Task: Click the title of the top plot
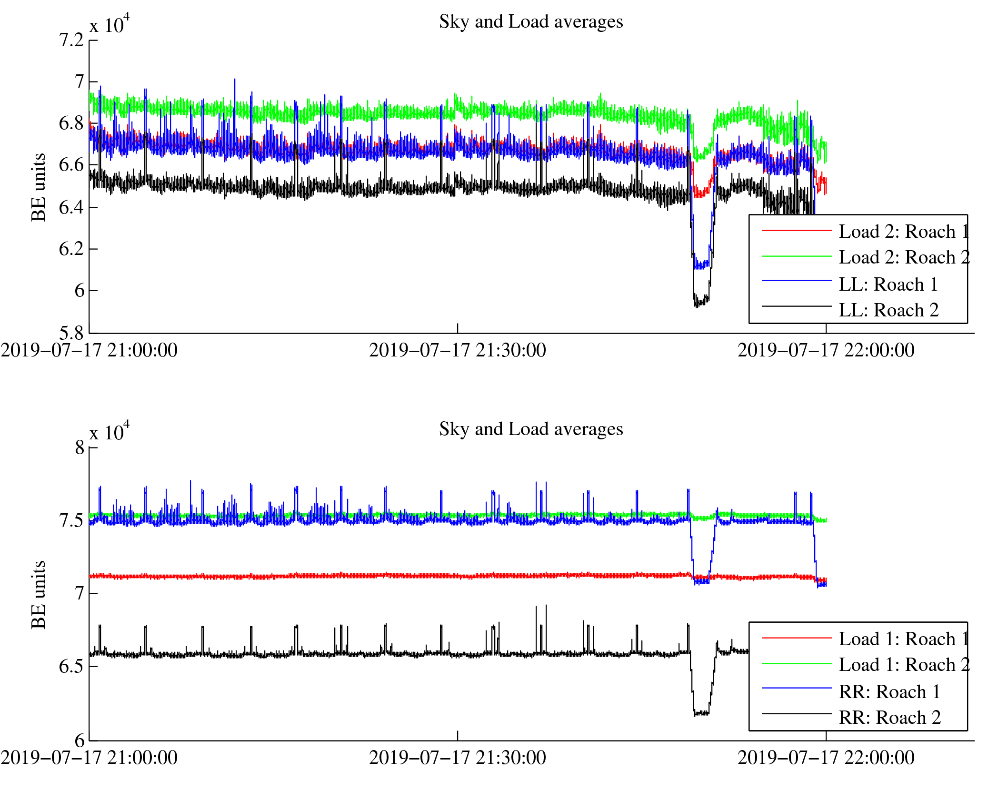click(531, 22)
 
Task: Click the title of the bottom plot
click(531, 429)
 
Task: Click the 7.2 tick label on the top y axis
click(71, 41)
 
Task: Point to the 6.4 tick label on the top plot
click(71, 207)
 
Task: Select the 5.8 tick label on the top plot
click(71, 332)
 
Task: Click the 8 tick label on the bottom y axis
click(80, 448)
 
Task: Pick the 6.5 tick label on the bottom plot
click(71, 666)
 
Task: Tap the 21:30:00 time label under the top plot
click(457, 351)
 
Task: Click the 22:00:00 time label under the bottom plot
click(826, 758)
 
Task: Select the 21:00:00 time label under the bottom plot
click(89, 758)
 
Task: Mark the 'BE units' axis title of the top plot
click(39, 187)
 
